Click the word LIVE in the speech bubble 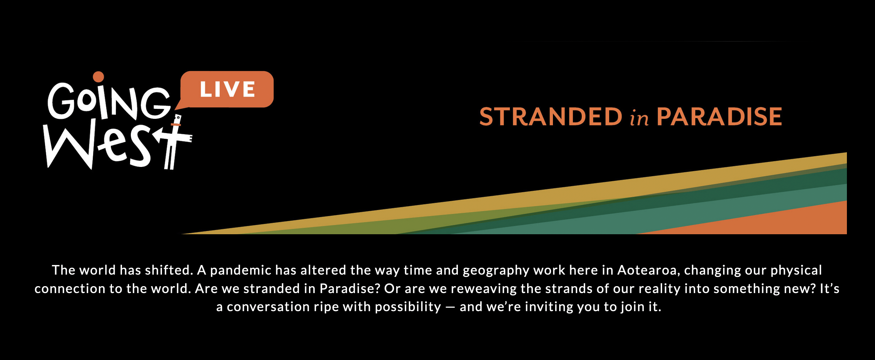pos(227,89)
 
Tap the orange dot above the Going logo pos(99,77)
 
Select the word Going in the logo pos(109,101)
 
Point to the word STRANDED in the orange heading pos(551,117)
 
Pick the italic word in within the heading pos(639,118)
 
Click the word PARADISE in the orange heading pos(719,117)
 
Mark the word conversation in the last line pos(268,307)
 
